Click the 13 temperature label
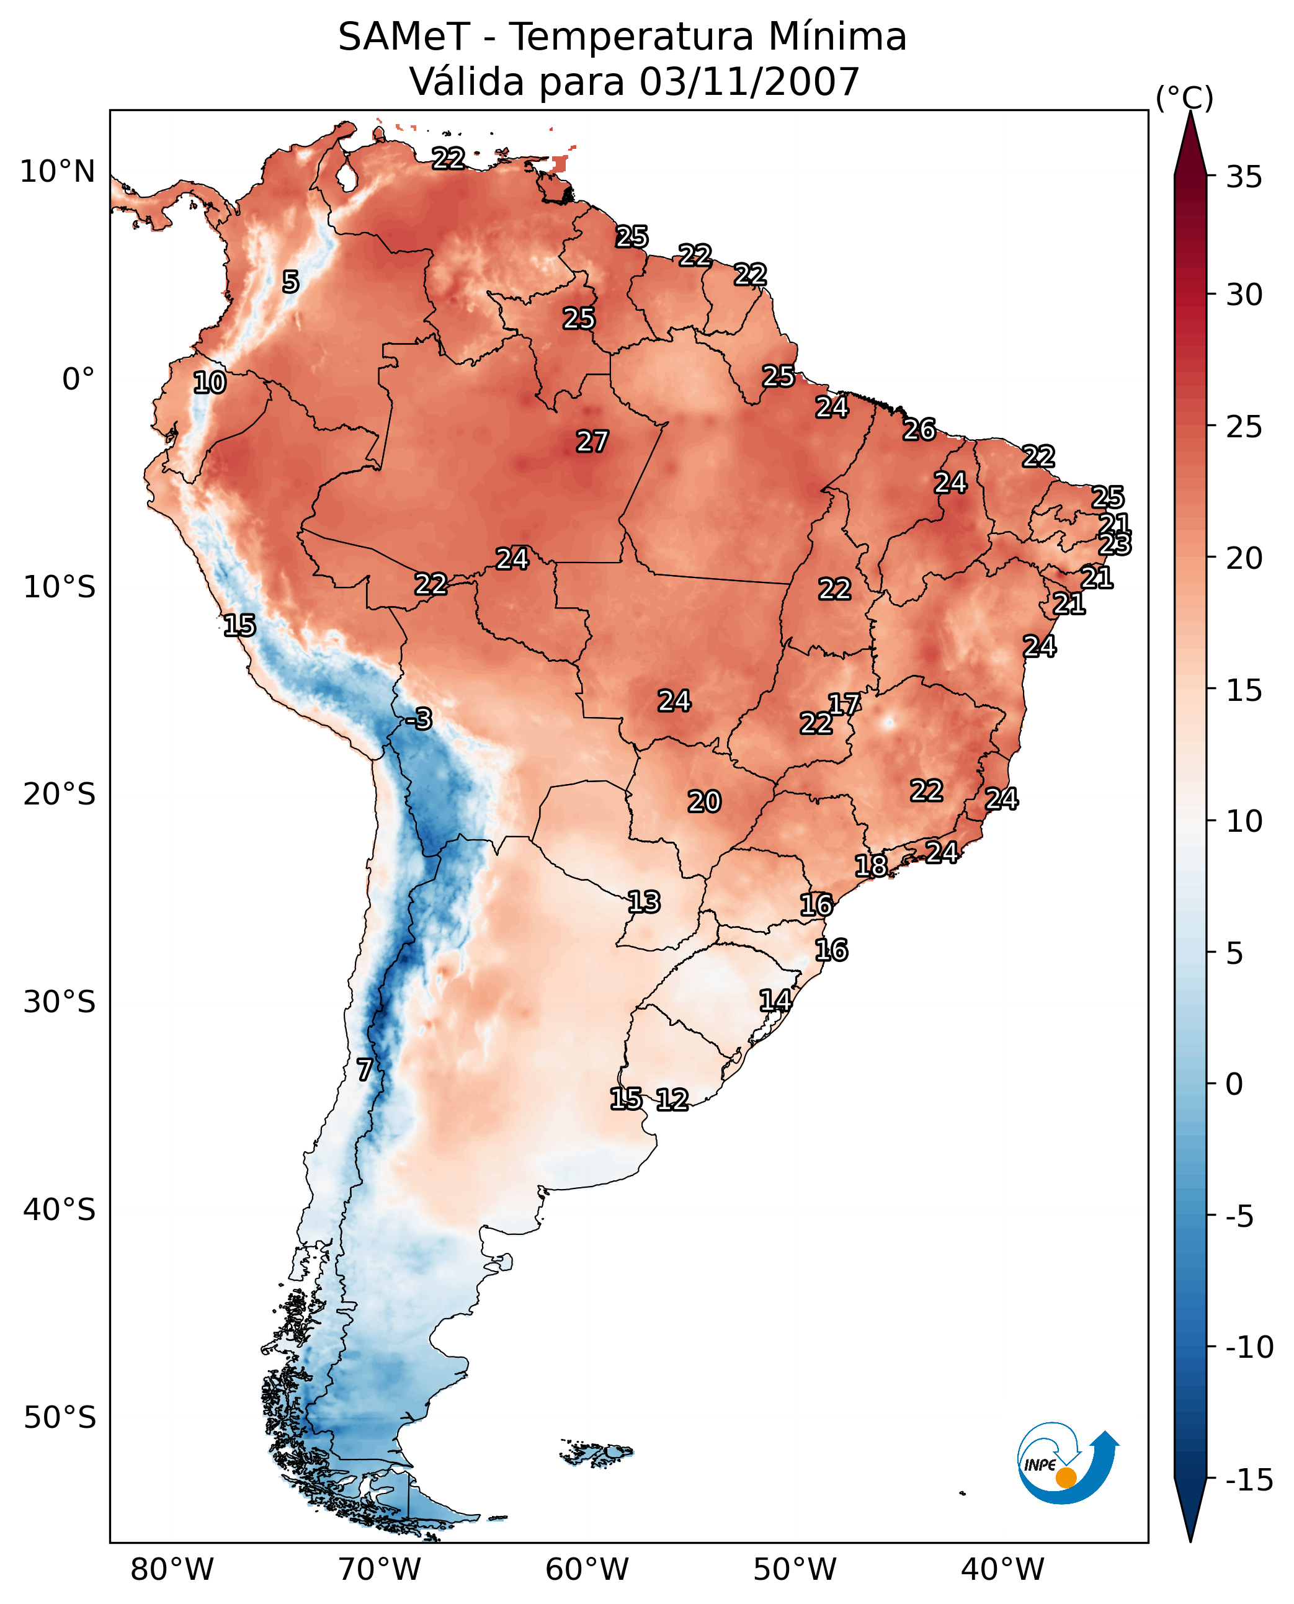point(643,902)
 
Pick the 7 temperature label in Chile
point(364,1069)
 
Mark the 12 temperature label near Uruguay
point(672,1099)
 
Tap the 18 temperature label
point(870,865)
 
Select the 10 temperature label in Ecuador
point(210,382)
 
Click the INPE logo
point(1067,1464)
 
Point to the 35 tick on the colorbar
point(1244,177)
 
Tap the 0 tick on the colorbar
point(1234,1084)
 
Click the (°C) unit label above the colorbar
point(1184,97)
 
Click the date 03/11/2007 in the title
point(749,81)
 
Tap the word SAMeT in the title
point(403,37)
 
